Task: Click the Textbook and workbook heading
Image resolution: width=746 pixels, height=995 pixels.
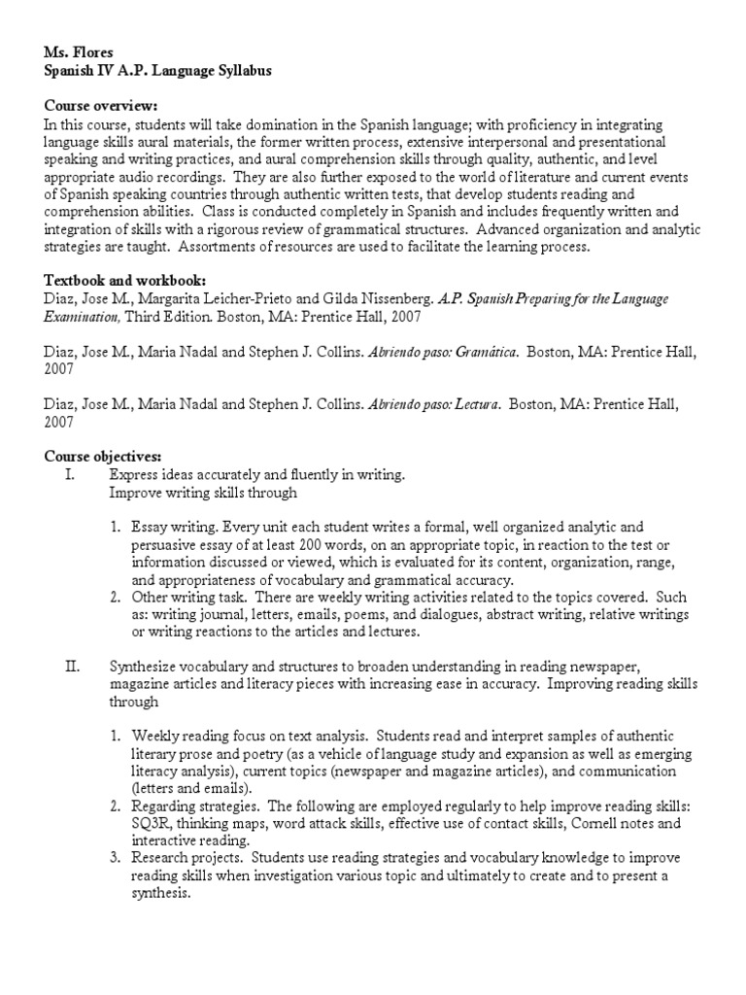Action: coord(124,281)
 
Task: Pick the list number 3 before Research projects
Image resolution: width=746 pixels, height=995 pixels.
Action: coord(114,859)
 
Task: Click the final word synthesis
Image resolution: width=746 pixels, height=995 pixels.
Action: coord(159,894)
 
